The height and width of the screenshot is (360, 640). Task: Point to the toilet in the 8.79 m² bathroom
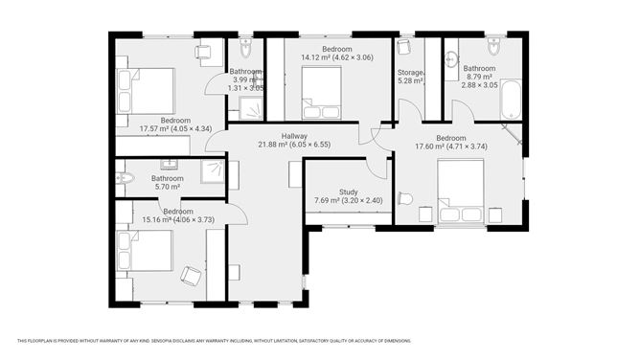pos(493,47)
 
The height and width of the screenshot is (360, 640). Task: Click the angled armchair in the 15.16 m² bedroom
pos(192,276)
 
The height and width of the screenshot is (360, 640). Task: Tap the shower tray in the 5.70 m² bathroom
pos(213,171)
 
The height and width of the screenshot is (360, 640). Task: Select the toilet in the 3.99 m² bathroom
pos(246,46)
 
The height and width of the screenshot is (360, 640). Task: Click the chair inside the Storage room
pos(404,48)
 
